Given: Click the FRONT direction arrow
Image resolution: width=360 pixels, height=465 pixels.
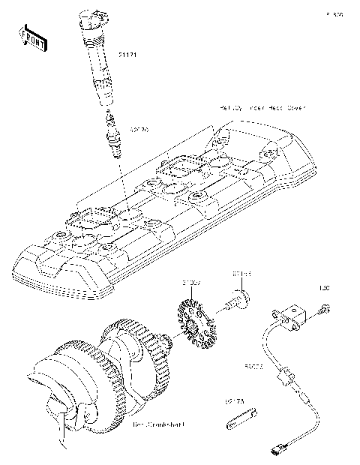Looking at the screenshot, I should (32, 37).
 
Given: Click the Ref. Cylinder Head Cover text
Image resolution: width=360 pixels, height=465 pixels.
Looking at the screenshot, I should (262, 108).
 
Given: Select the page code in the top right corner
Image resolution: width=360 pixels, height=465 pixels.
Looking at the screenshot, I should (334, 14).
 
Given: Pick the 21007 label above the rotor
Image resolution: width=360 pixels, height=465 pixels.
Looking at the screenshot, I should (190, 283).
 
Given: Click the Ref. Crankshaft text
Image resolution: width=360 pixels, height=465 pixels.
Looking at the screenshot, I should (159, 425).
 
